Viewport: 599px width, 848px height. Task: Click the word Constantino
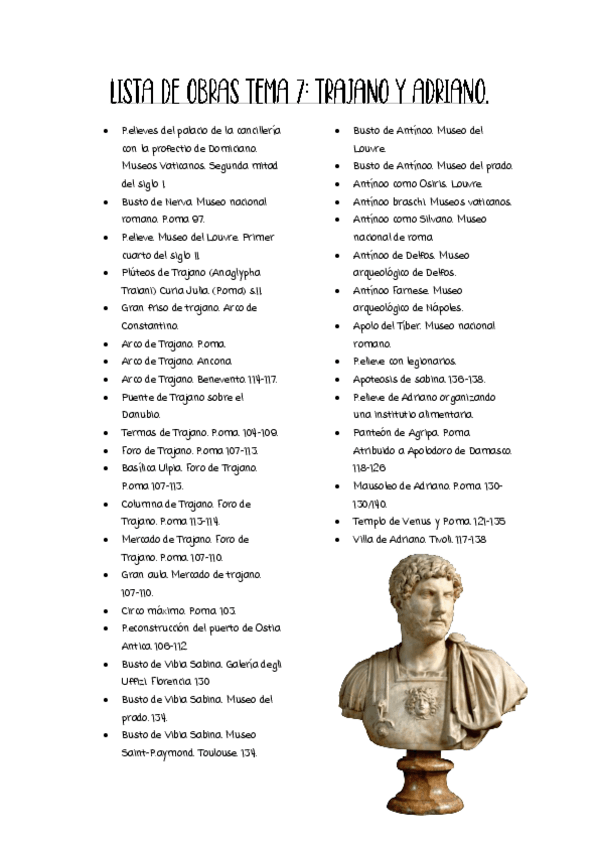[151, 325]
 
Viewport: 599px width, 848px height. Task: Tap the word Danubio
[141, 414]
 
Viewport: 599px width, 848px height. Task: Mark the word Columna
[146, 503]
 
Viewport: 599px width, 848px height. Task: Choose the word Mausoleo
[381, 486]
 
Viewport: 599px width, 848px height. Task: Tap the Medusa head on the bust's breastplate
[418, 700]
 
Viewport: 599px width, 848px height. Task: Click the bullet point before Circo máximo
[109, 610]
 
